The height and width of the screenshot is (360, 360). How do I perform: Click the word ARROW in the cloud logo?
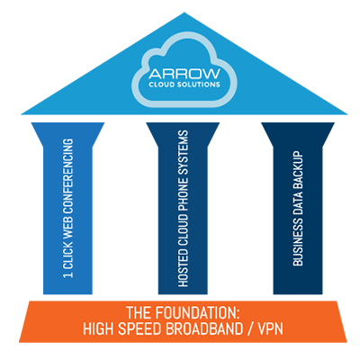tap(184, 74)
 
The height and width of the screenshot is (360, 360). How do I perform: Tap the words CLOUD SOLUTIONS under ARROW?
tap(184, 85)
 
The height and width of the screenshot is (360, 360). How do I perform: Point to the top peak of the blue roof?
tap(184, 13)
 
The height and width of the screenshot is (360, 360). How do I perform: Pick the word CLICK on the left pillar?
tap(68, 253)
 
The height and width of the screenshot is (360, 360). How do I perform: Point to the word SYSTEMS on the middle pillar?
tap(183, 153)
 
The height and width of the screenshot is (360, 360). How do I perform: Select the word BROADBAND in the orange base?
tap(204, 328)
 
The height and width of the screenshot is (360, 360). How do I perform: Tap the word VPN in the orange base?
tap(271, 328)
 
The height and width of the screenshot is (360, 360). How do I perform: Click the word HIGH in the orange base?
tap(98, 328)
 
